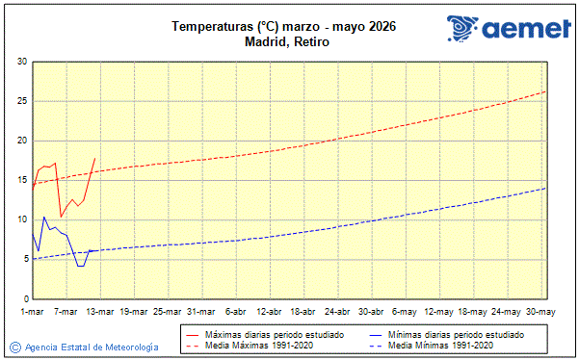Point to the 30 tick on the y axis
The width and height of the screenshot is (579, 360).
click(22, 62)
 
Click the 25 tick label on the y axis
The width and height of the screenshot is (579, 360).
click(22, 101)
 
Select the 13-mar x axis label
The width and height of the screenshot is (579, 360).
click(99, 311)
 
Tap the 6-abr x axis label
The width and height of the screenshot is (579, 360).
click(235, 311)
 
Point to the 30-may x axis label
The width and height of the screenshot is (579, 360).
click(541, 311)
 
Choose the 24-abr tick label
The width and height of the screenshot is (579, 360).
click(337, 311)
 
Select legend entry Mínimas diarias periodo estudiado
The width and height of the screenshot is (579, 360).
click(455, 334)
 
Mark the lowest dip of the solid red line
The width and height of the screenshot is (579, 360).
click(61, 216)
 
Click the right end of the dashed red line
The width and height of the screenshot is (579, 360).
click(545, 91)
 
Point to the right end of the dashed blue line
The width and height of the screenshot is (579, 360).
click(545, 188)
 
